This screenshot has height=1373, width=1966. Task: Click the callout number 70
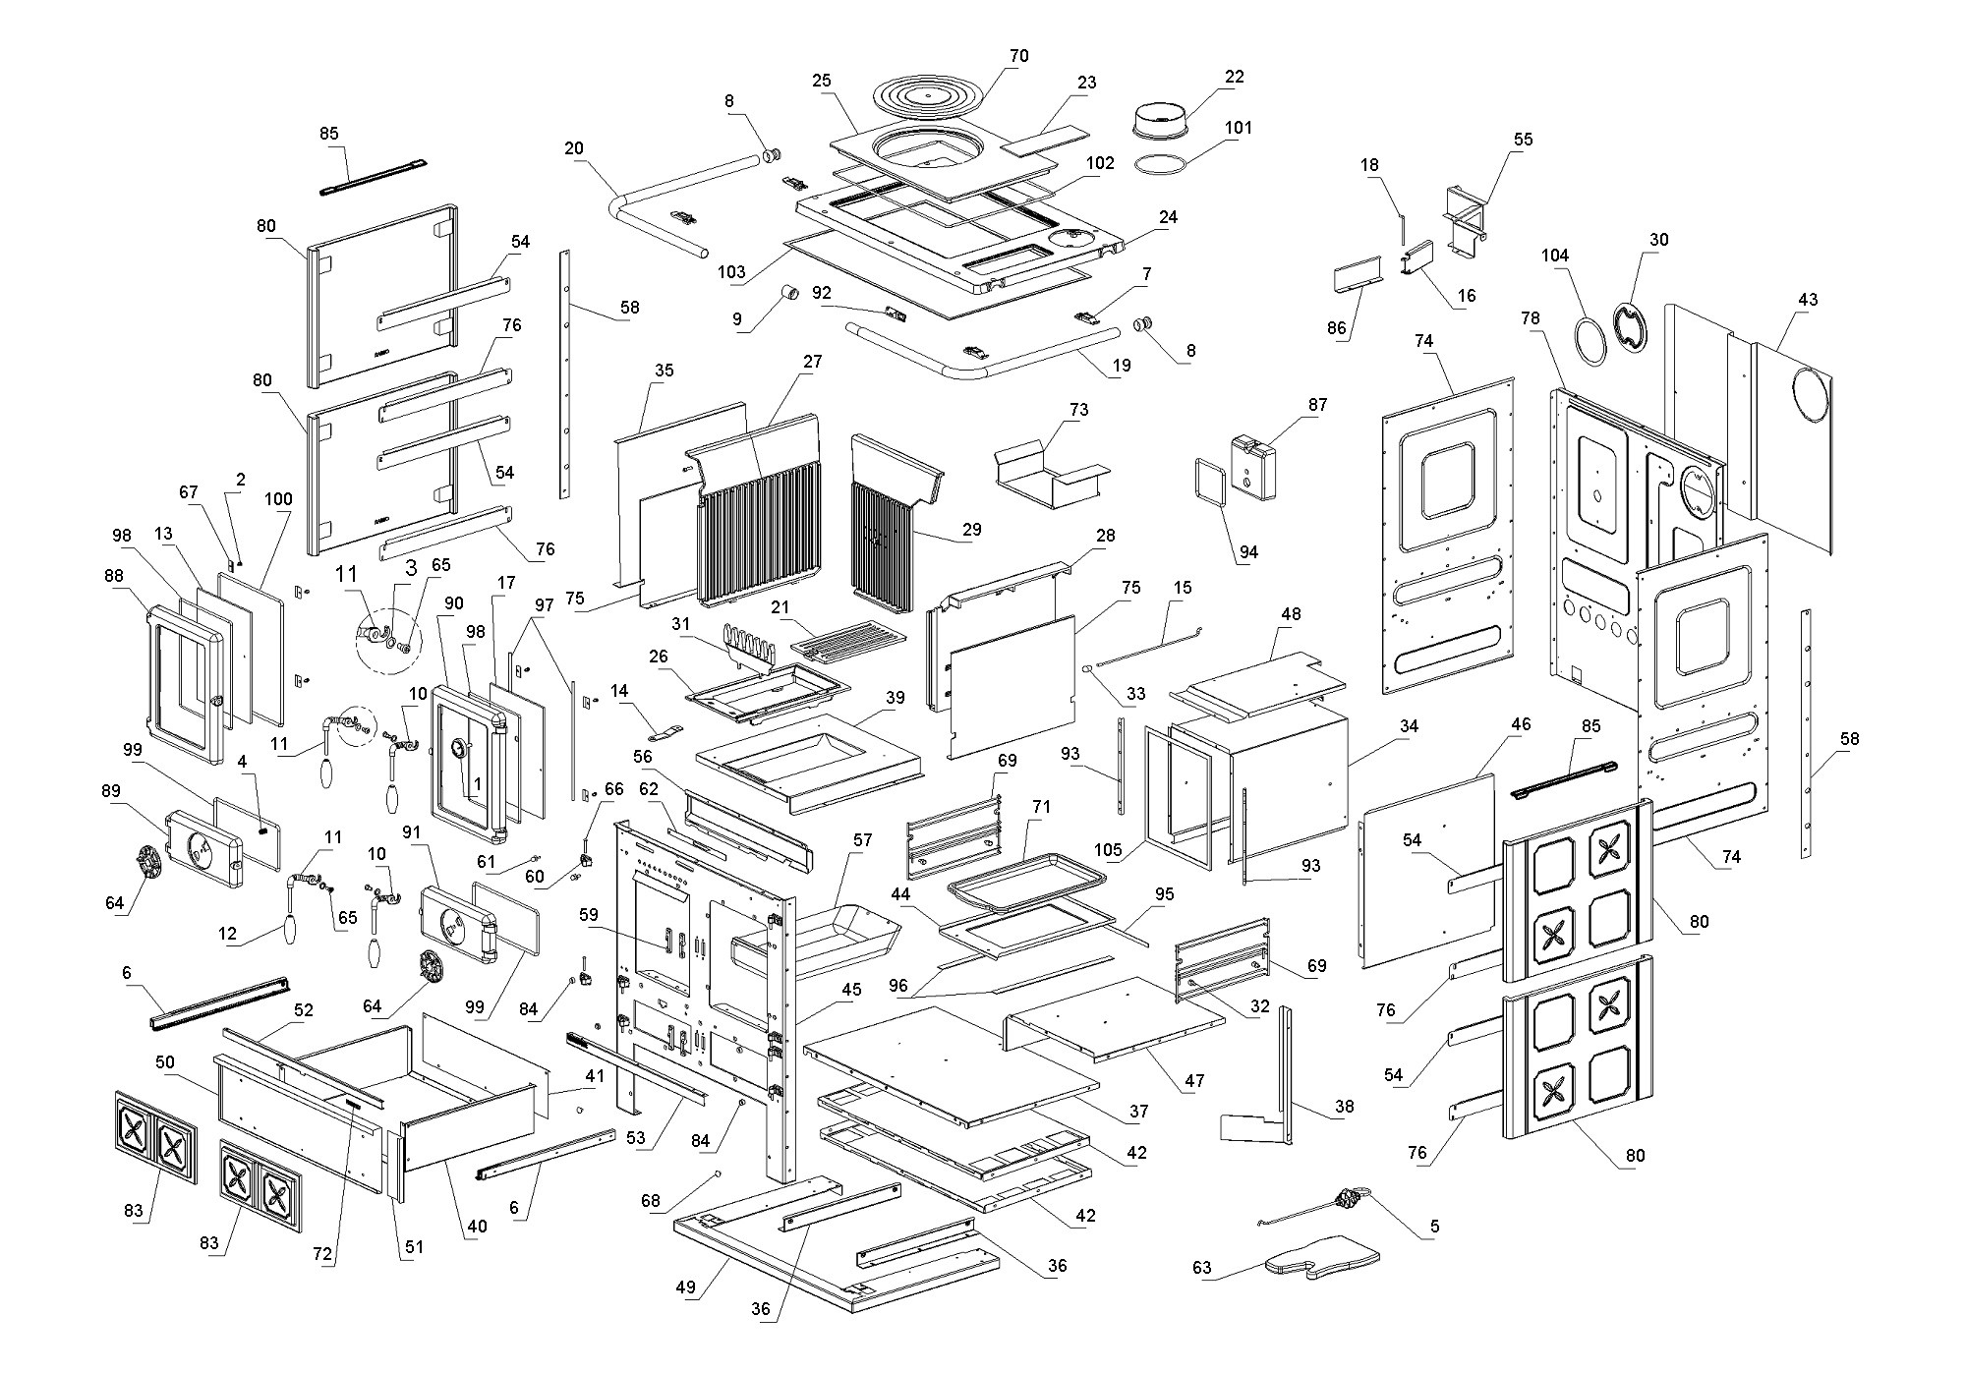(1018, 56)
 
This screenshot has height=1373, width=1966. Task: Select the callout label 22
(1235, 77)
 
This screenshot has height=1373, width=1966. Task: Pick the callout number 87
(1317, 404)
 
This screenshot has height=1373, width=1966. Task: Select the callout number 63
(1202, 1267)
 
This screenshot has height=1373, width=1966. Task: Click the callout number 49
(685, 1287)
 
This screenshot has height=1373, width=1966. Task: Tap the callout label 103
(731, 272)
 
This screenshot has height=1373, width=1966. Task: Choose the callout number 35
(664, 371)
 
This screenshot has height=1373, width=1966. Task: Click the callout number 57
(862, 840)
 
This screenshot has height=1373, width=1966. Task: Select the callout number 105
(1114, 849)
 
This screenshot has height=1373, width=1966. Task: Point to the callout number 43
(1808, 300)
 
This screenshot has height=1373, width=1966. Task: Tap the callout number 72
(322, 1255)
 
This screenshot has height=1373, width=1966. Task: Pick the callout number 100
(279, 498)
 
